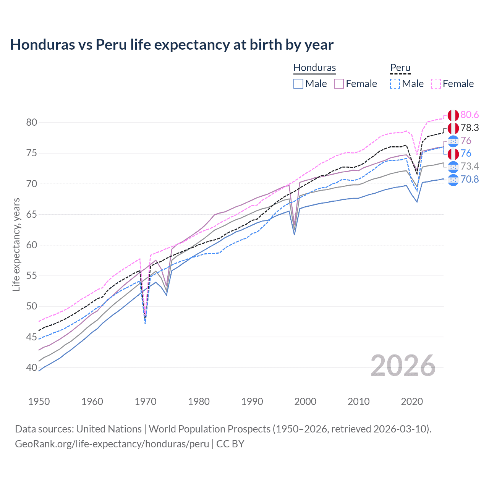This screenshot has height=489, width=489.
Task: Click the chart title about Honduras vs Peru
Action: pos(172,45)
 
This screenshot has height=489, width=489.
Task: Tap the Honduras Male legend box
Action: pos(298,84)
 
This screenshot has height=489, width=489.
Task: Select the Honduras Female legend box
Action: pos(339,84)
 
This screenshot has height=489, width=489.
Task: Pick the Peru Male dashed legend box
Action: pos(395,84)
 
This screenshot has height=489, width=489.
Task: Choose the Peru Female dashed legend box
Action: pos(436,84)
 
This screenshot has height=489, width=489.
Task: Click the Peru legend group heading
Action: pos(400,68)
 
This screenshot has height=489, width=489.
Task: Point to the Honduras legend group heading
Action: pos(314,68)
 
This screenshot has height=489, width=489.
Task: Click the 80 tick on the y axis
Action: pos(32,123)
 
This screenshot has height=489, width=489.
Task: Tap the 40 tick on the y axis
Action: pos(32,368)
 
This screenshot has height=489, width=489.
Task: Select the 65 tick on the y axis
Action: pos(32,214)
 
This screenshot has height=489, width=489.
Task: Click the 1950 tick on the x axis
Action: pos(39,402)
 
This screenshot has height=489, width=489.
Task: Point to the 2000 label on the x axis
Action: pos(305,402)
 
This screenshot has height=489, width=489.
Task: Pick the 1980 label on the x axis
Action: pos(199,402)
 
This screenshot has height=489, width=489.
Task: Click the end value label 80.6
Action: pos(470,115)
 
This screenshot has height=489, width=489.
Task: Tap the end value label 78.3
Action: pos(470,128)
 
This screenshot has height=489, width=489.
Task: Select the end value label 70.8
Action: pos(470,179)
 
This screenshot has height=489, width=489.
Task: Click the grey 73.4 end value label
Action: pos(470,166)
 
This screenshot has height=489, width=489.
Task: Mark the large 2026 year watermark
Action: pos(403,366)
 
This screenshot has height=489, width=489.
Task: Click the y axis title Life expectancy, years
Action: pos(16,244)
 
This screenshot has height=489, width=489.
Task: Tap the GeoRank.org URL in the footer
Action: pos(112,444)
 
